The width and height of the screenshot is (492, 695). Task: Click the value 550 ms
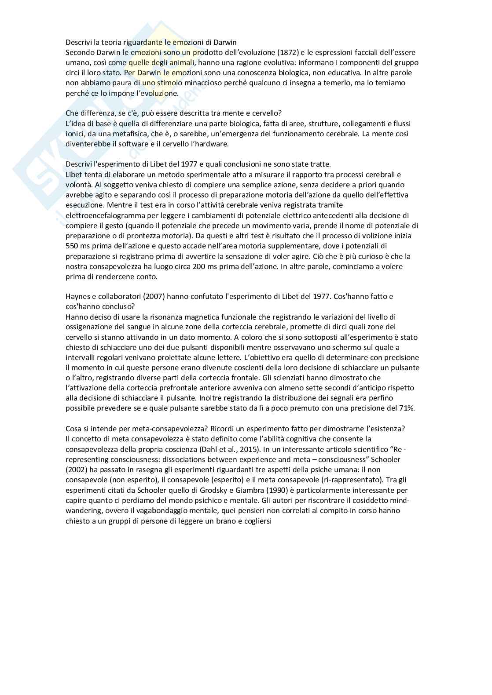(x=78, y=246)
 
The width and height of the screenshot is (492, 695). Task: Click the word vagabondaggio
(x=141, y=510)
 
